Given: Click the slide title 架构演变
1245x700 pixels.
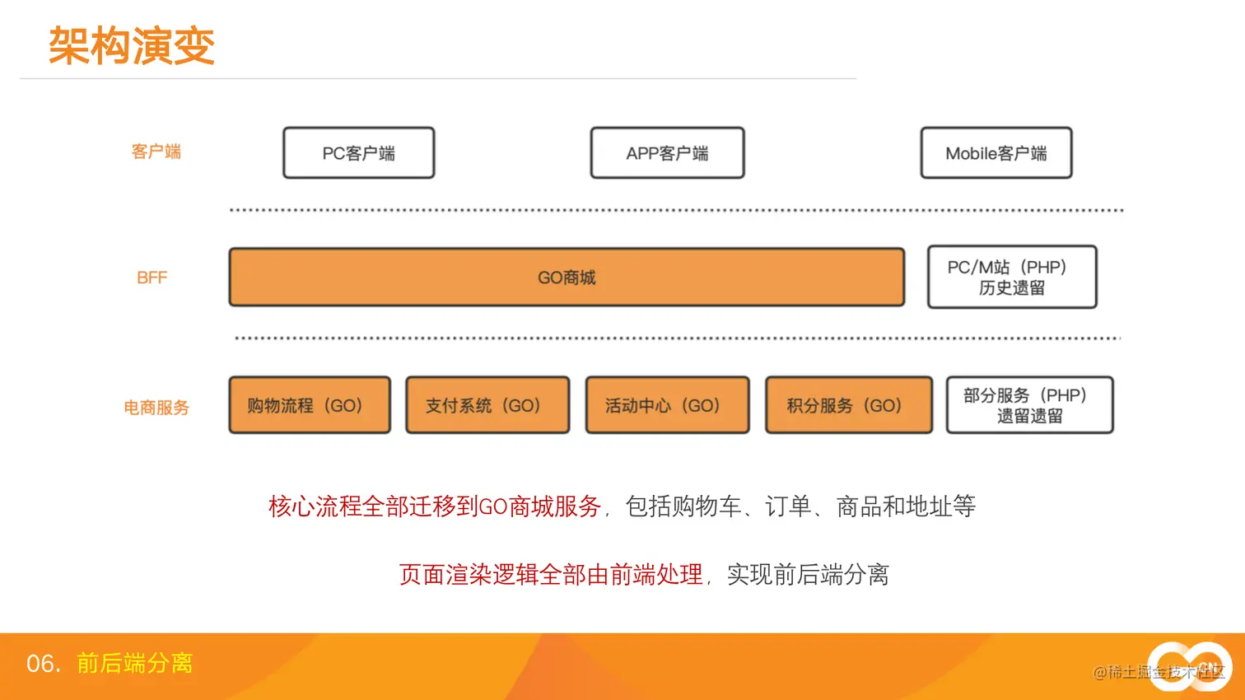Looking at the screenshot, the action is (x=132, y=45).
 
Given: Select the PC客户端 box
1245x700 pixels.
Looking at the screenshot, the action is (x=358, y=153).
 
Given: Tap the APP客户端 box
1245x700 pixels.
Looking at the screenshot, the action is (x=667, y=153).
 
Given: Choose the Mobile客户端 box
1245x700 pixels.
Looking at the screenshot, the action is (x=996, y=153).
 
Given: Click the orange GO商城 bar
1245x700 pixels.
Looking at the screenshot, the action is (x=567, y=278).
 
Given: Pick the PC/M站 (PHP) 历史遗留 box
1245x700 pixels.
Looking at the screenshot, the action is (x=1011, y=278).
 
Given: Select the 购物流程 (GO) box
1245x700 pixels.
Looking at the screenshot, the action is (x=309, y=405).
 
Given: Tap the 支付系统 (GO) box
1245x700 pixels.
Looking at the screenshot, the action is (x=487, y=405).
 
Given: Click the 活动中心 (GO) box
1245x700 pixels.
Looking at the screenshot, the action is (x=667, y=405).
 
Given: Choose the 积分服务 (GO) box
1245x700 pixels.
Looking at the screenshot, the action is (x=848, y=405).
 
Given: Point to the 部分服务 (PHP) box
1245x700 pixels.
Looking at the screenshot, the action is (x=1029, y=405).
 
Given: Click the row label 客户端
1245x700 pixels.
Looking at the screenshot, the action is (x=156, y=152).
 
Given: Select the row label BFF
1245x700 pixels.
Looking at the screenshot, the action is (x=152, y=278).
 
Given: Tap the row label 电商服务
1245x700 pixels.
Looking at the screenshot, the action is (x=156, y=408).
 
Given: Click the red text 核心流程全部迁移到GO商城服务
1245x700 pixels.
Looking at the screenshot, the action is (x=435, y=506).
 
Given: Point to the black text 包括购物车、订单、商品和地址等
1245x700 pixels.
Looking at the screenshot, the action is (x=800, y=506).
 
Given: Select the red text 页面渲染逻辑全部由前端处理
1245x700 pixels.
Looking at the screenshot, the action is (x=551, y=575).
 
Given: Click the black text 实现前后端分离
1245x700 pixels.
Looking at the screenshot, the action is (x=808, y=575).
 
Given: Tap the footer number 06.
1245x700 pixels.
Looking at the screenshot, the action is (x=43, y=664).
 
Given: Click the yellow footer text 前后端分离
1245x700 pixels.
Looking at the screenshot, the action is (x=134, y=664).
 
